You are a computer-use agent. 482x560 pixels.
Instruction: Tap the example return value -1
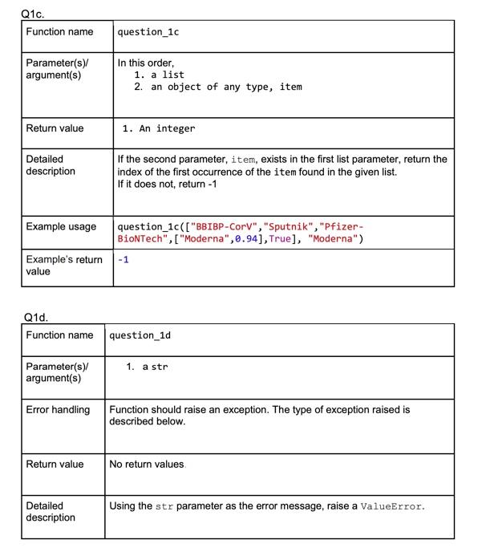click(123, 260)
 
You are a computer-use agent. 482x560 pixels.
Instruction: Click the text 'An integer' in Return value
click(167, 128)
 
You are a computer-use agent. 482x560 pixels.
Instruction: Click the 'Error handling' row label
click(58, 410)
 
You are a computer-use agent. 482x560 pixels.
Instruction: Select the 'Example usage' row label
click(61, 227)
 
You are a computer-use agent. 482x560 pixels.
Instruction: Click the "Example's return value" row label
click(63, 266)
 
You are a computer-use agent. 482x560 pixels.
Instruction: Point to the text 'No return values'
click(148, 464)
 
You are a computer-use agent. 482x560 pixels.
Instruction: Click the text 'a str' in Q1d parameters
click(155, 367)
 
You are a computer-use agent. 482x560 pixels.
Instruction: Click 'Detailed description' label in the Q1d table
click(51, 512)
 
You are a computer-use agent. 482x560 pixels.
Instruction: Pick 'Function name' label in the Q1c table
click(59, 32)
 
